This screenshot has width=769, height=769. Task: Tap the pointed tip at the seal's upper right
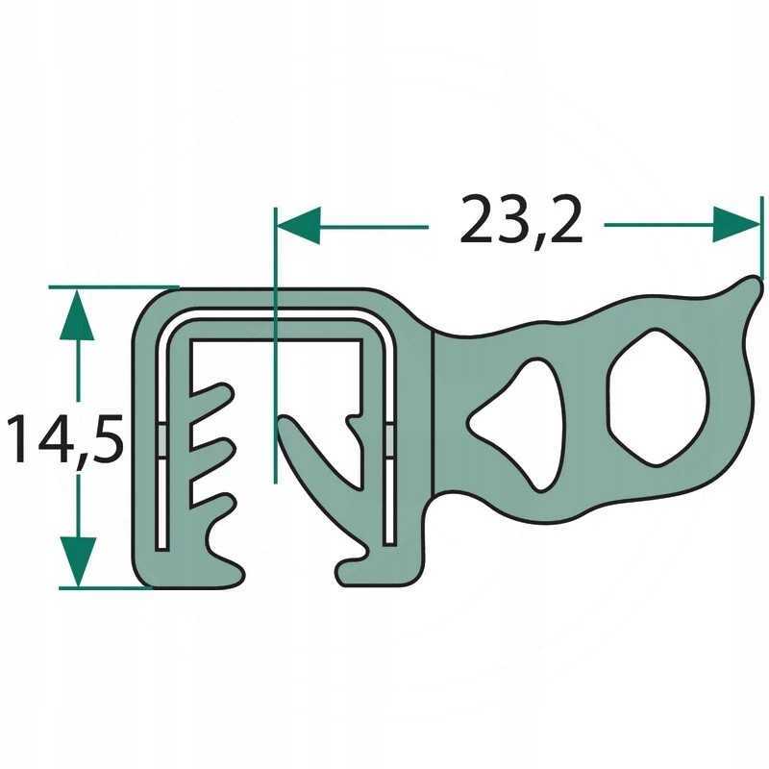coord(748,283)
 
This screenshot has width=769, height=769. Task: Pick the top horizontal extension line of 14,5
coord(111,287)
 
